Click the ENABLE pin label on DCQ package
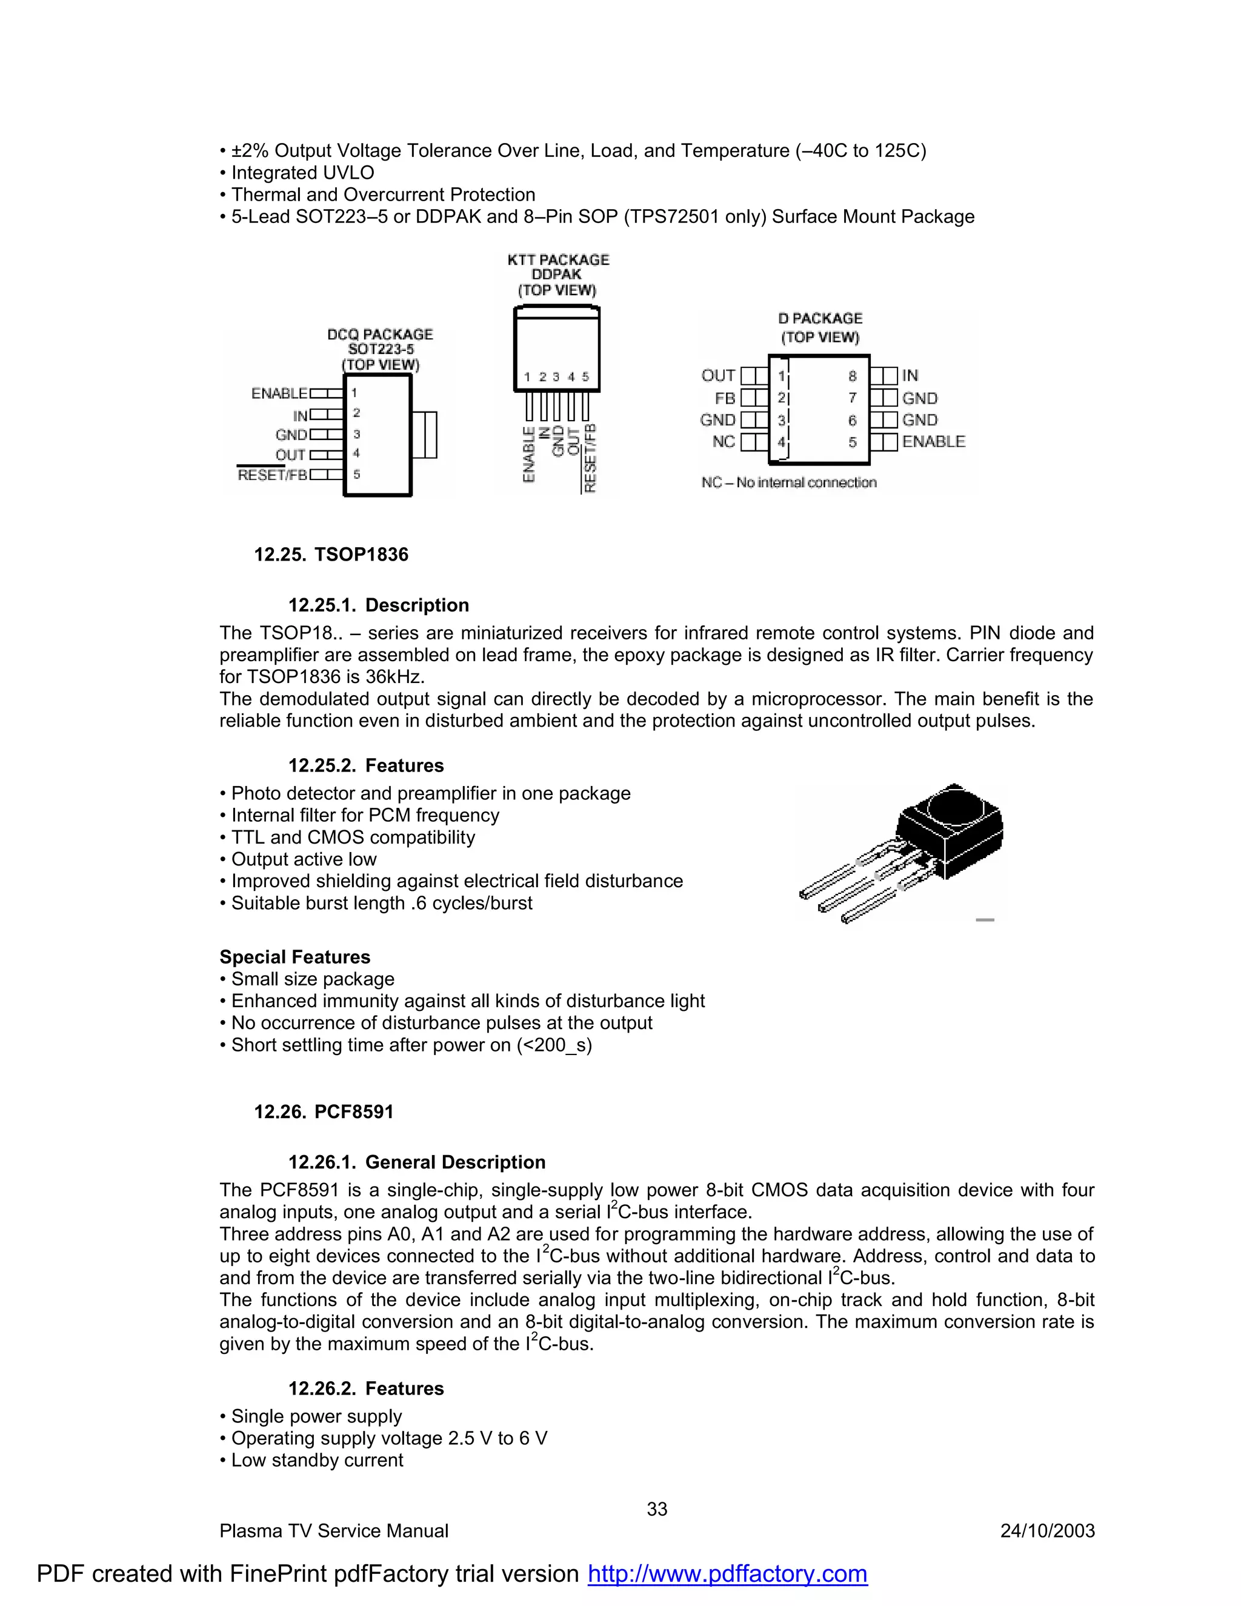pos(279,393)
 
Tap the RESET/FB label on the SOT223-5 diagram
pos(272,475)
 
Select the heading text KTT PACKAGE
pos(558,259)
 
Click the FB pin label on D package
pos(724,398)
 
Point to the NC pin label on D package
pos(723,441)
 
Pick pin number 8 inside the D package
pos(852,376)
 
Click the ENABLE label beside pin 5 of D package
pos(933,441)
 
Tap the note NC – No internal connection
pos(789,482)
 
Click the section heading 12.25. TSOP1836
pos(331,554)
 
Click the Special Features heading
pos(295,957)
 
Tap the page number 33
pos(656,1509)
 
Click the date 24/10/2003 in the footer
pos(1047,1530)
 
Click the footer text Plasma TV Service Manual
pos(334,1530)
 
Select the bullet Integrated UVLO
pos(302,173)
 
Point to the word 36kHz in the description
pos(395,676)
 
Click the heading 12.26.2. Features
pos(365,1388)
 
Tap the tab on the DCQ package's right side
pos(425,435)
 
